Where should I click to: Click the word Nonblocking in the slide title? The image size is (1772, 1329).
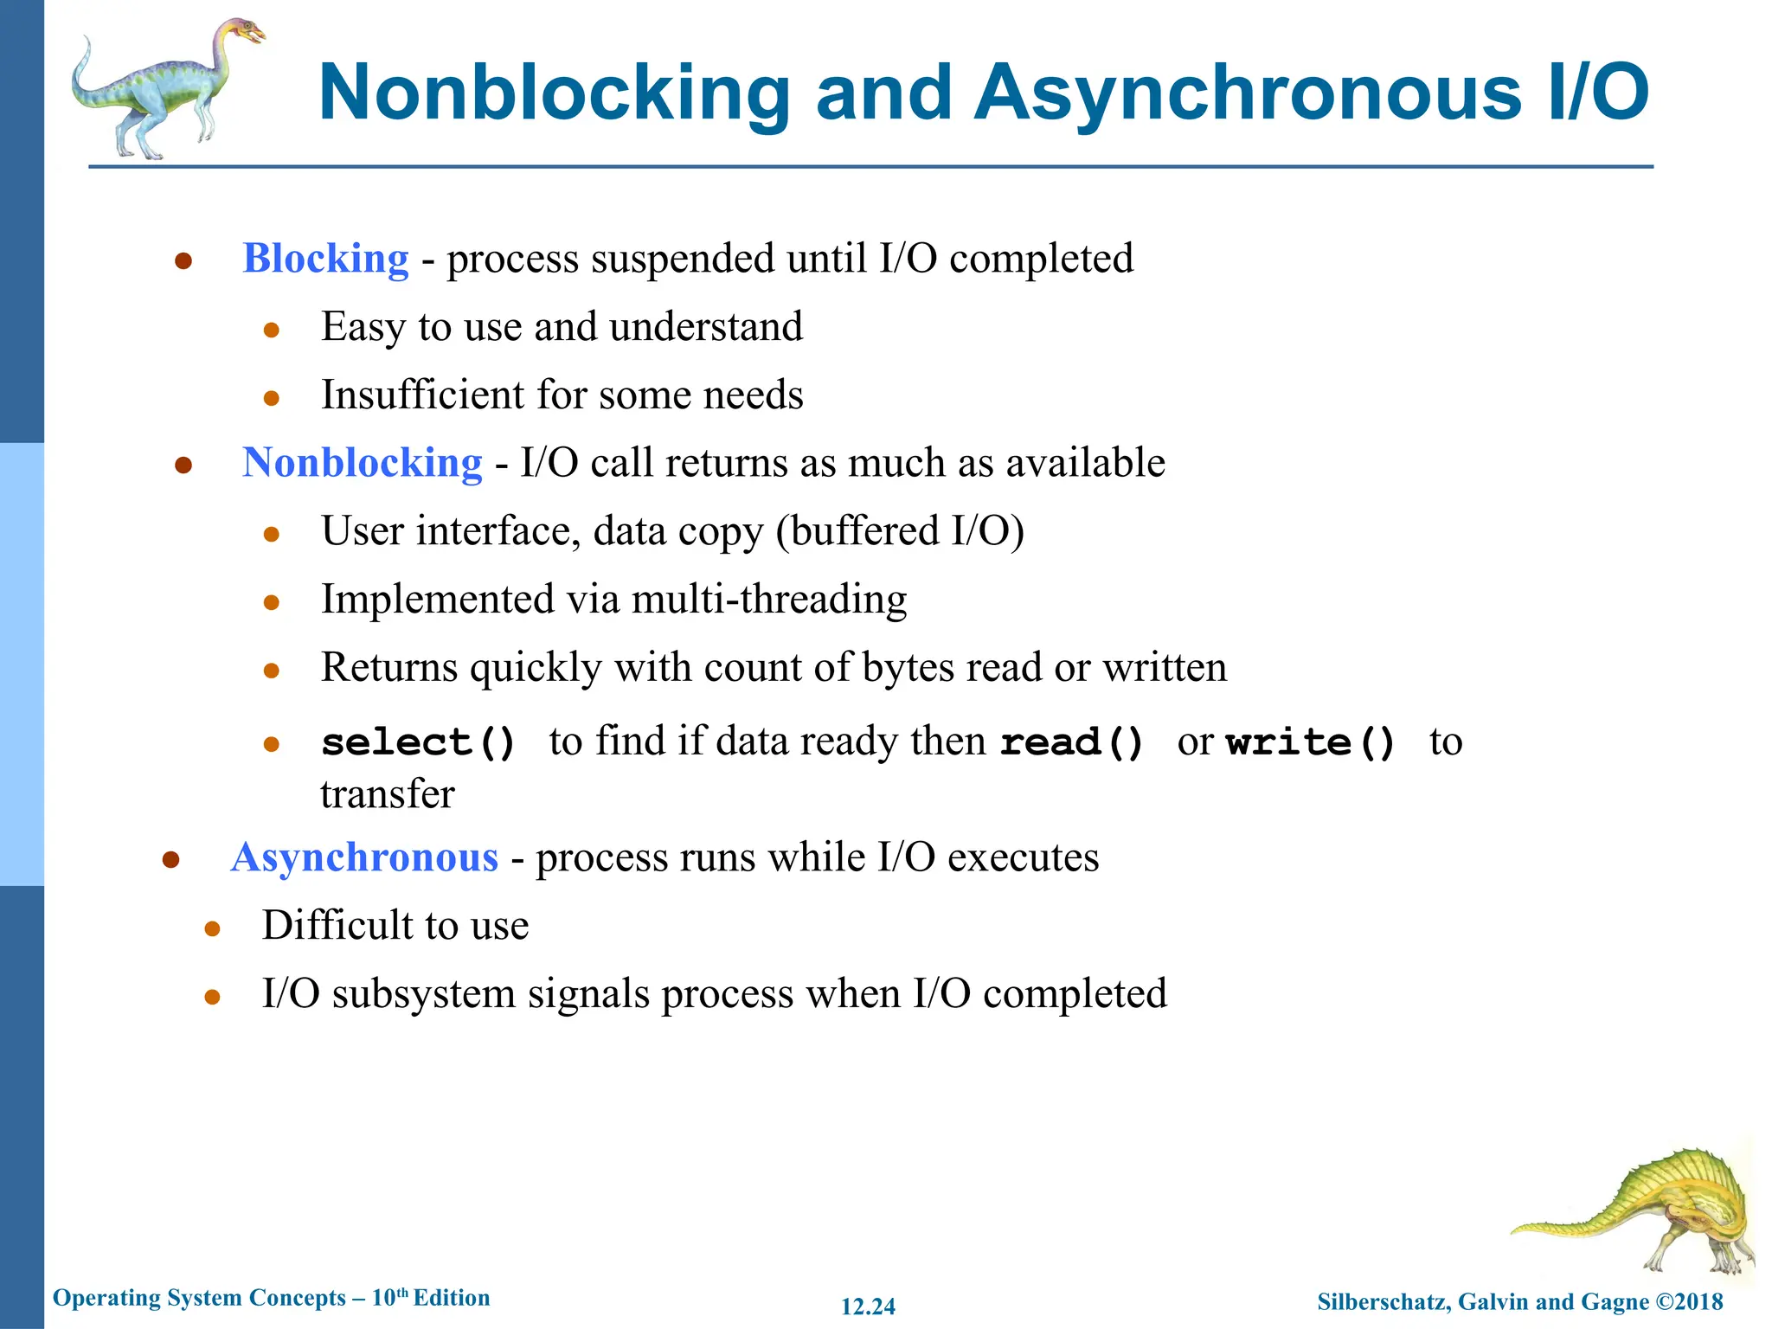pos(555,93)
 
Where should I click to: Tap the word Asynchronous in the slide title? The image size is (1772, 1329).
pos(1247,93)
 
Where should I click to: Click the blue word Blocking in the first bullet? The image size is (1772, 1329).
pos(325,259)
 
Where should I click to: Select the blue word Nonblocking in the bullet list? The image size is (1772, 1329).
pos(362,463)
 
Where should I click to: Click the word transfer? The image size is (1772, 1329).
pos(388,794)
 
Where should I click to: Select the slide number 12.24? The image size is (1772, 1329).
pos(868,1307)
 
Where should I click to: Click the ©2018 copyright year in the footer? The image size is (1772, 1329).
pos(1689,1301)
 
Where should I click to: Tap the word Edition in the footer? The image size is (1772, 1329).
pos(452,1298)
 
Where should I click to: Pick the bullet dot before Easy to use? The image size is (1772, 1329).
pos(272,330)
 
